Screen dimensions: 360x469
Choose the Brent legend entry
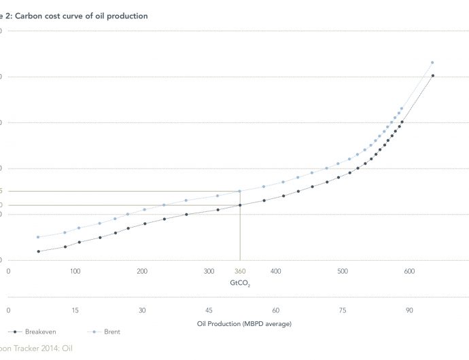tap(109, 331)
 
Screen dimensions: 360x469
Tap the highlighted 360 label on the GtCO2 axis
tap(240, 271)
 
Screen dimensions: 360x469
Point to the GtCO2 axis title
tap(240, 283)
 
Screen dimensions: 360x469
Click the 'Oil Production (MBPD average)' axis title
tap(240, 323)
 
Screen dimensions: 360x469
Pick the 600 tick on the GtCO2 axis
tap(409, 271)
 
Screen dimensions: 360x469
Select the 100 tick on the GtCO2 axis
tap(75, 271)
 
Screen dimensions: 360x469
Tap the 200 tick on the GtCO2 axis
tap(142, 271)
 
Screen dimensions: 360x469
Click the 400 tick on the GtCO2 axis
tap(276, 271)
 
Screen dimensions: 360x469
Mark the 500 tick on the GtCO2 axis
tap(343, 271)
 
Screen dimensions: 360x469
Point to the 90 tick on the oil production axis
tap(409, 310)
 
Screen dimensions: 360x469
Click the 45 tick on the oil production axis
tap(209, 310)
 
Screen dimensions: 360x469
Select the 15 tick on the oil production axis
tap(75, 310)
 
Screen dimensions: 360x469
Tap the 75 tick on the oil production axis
tap(343, 310)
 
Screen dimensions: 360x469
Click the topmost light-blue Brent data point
tap(432, 62)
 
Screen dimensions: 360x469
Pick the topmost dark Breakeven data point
tap(433, 75)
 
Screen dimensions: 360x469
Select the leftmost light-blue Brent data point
tap(38, 237)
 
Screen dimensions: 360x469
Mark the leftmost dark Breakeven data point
tap(38, 251)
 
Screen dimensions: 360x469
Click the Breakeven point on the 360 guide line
tap(240, 205)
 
